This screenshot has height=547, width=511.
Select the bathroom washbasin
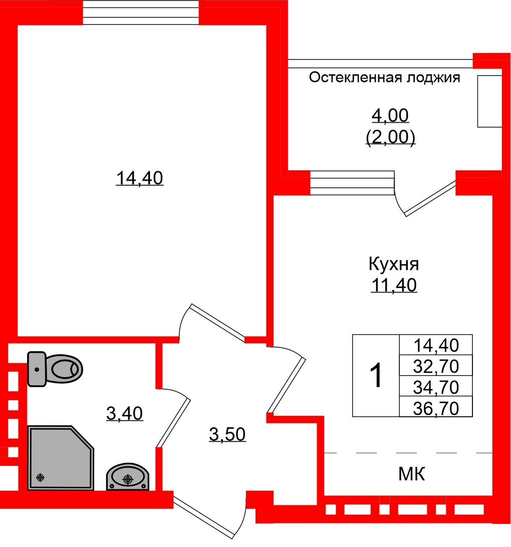pyautogui.click(x=128, y=477)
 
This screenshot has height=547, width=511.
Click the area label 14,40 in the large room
pyautogui.click(x=140, y=178)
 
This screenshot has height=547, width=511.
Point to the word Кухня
pyautogui.click(x=393, y=263)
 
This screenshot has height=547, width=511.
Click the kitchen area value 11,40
pyautogui.click(x=394, y=285)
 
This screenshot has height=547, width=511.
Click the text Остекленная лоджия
pyautogui.click(x=384, y=78)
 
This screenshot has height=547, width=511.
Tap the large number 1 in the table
pyautogui.click(x=376, y=376)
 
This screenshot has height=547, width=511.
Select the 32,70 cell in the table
pyautogui.click(x=436, y=367)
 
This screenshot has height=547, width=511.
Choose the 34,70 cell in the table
pyautogui.click(x=436, y=387)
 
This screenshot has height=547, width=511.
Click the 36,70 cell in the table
pyautogui.click(x=436, y=408)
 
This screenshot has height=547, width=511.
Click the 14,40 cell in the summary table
pyautogui.click(x=436, y=345)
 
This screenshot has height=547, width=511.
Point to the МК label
pyautogui.click(x=412, y=474)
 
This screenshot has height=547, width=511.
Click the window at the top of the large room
pyautogui.click(x=141, y=13)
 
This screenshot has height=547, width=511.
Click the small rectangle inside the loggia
pyautogui.click(x=489, y=101)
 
